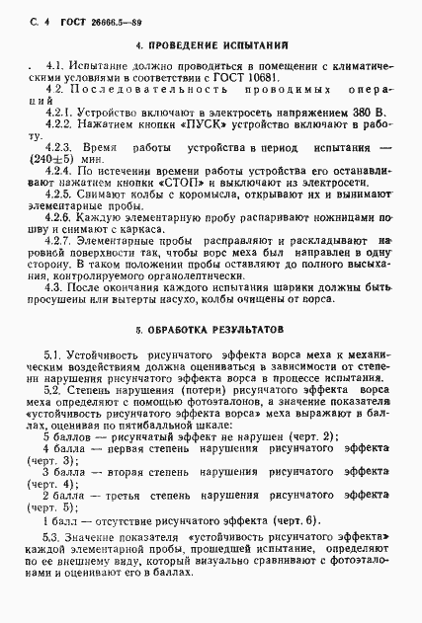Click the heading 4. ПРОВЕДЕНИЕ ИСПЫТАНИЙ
pyautogui.click(x=211, y=44)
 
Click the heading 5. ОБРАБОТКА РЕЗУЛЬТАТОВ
pyautogui.click(x=211, y=295)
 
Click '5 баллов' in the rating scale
pyautogui.click(x=66, y=409)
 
